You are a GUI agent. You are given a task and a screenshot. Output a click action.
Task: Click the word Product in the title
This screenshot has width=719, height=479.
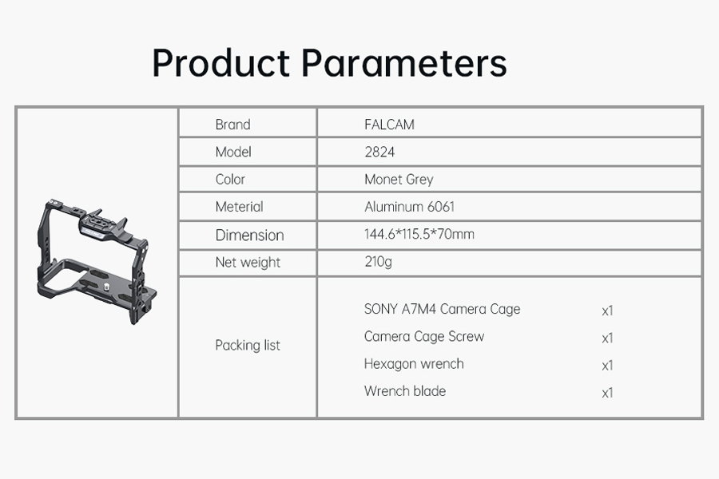coord(221,63)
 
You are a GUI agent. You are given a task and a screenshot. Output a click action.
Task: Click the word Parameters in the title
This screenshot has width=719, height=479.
coord(404,63)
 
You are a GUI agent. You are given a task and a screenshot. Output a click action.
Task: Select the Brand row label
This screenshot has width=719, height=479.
coord(233,125)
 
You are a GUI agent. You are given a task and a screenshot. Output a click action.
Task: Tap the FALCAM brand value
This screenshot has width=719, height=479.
coord(389,125)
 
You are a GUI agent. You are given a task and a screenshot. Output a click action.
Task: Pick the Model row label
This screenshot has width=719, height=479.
coord(233,152)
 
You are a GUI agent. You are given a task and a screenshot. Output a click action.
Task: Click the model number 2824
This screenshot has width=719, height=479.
coord(379,152)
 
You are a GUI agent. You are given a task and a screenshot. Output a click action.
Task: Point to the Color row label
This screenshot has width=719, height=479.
coord(230,179)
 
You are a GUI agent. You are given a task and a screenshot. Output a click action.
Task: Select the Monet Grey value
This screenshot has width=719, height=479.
coord(399,179)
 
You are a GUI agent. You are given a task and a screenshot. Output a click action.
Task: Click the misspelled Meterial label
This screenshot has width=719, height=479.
coord(240,207)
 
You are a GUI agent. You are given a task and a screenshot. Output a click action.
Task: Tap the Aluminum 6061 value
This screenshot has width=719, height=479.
coord(410,207)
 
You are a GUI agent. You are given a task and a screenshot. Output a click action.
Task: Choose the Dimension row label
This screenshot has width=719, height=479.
coord(250,236)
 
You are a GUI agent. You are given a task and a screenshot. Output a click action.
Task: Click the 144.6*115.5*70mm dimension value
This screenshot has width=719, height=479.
coord(419,234)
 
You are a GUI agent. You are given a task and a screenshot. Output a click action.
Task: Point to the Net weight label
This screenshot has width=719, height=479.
coord(248,263)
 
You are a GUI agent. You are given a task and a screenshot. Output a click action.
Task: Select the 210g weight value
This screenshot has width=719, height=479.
coord(379,262)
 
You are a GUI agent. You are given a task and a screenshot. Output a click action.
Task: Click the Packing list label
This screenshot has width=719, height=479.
coord(248,345)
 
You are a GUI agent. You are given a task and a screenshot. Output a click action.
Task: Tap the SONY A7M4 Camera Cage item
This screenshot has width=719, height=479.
coord(442,310)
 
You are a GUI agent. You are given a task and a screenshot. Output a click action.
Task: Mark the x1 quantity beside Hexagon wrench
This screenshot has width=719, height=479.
coord(608,366)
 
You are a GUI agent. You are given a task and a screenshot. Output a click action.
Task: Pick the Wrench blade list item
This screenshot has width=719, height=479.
coord(405,391)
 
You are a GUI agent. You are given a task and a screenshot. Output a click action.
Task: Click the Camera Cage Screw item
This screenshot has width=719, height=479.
coord(424,337)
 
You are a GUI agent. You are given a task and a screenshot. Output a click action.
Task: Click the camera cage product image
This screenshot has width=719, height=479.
coord(97,261)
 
